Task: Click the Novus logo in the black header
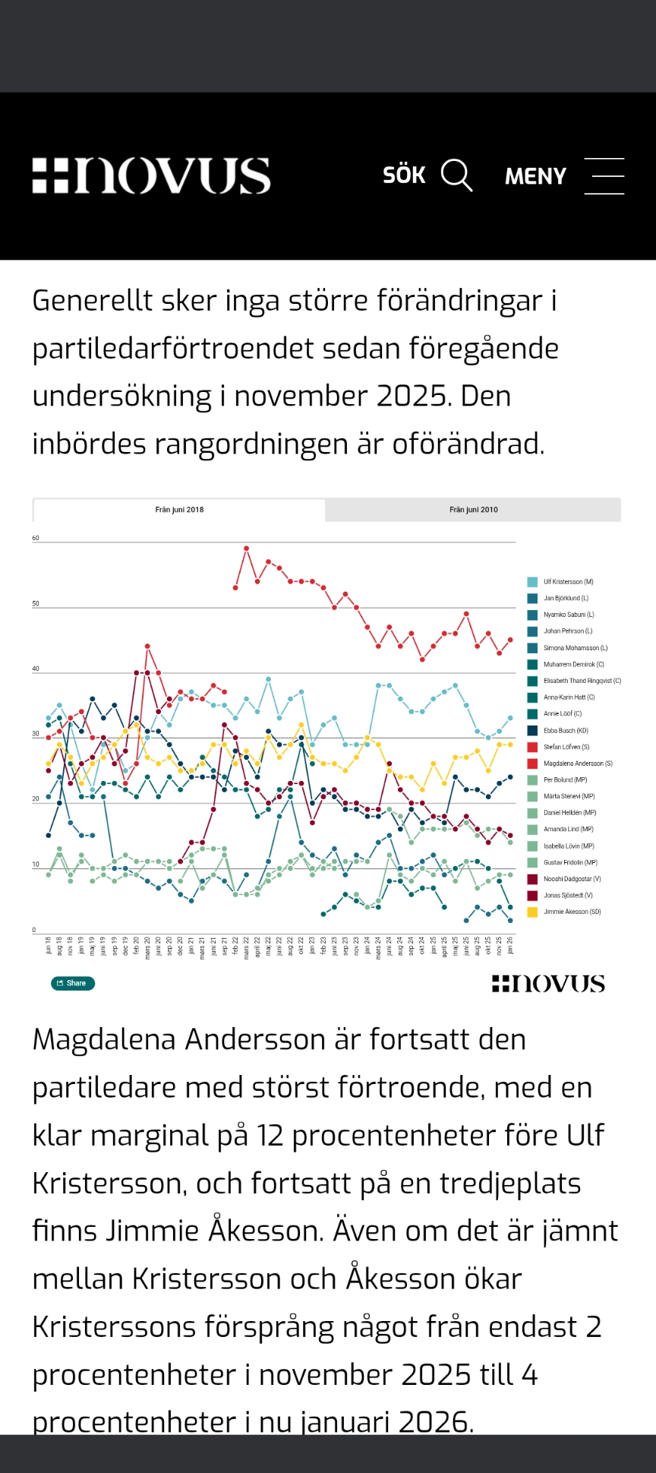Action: pos(151,175)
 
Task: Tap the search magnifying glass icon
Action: pos(456,175)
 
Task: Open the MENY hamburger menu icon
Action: pos(604,175)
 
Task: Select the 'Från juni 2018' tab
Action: pos(179,510)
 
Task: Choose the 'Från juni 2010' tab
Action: pos(473,510)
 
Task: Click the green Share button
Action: pos(73,983)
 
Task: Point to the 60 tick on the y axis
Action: pos(36,538)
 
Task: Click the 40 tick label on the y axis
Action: pos(36,669)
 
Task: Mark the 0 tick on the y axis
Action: pos(34,930)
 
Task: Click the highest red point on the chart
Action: pos(247,548)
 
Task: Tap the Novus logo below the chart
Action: pos(548,984)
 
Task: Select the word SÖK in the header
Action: pos(404,175)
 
